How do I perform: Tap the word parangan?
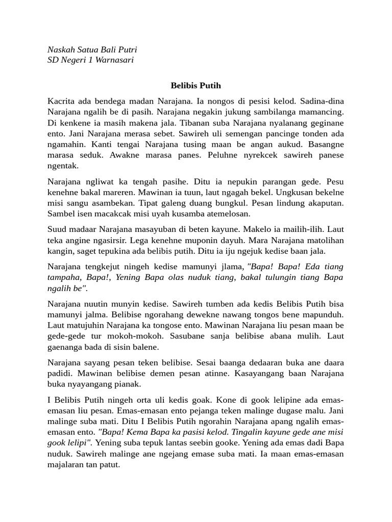pyautogui.click(x=256, y=181)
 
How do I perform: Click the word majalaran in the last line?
pyautogui.click(x=66, y=464)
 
